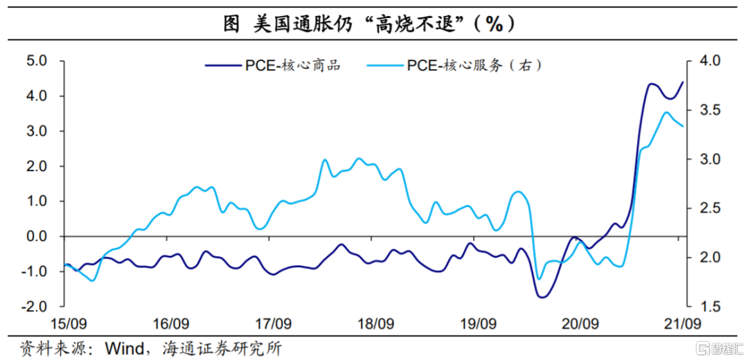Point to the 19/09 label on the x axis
pos(478,323)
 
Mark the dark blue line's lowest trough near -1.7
pos(542,297)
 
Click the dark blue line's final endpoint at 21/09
pos(683,82)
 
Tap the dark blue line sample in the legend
pos(222,66)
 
